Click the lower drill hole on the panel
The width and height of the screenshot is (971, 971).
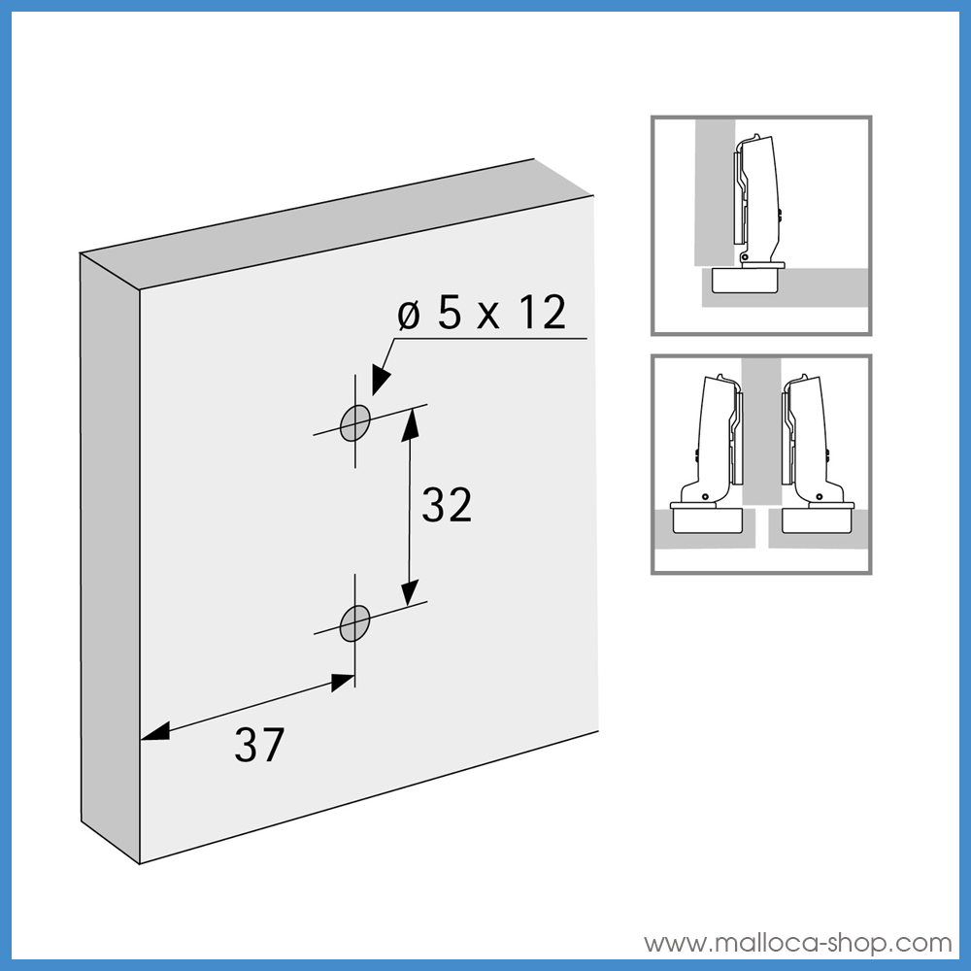(354, 620)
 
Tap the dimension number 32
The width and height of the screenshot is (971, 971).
(447, 506)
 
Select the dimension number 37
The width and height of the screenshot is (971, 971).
(259, 745)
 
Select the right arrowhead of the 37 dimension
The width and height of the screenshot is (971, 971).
(341, 682)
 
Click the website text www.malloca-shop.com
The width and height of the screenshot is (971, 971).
(798, 943)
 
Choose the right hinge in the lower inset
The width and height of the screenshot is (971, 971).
(811, 447)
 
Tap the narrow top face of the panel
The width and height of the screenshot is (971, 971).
(320, 223)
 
